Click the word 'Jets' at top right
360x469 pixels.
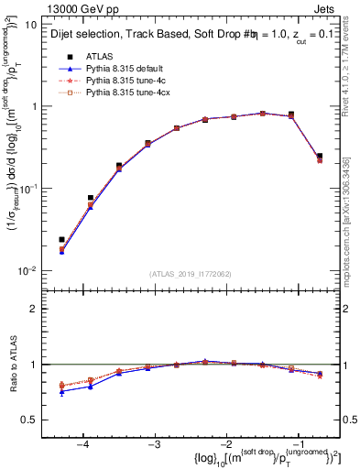click(x=329, y=7)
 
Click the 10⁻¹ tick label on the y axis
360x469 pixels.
click(x=29, y=189)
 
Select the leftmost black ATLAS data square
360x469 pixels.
click(x=61, y=240)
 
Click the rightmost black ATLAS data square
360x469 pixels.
click(x=320, y=156)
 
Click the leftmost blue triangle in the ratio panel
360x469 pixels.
click(x=61, y=391)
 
